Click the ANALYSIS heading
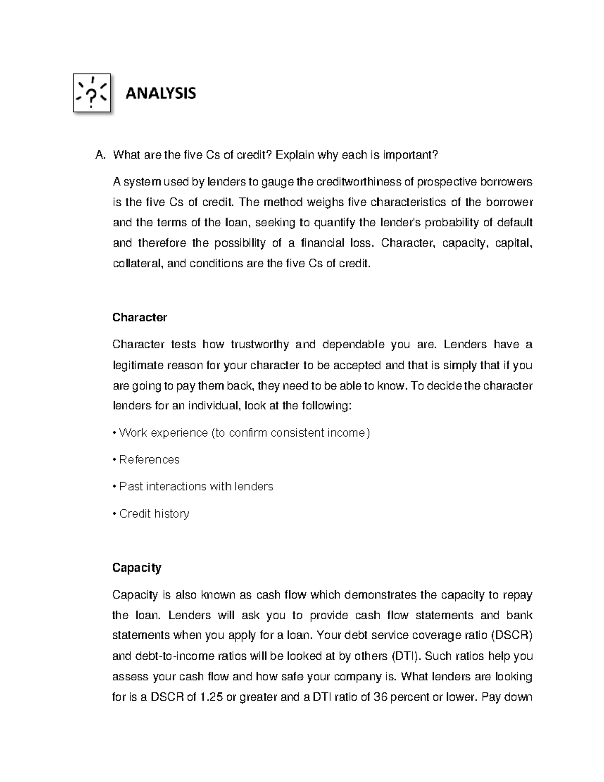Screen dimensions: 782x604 point(161,93)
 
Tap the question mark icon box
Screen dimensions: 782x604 point(92,93)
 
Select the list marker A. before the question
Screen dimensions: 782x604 point(100,155)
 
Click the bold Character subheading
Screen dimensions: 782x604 point(139,318)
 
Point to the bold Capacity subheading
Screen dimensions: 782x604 point(136,568)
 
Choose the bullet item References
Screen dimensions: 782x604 point(149,460)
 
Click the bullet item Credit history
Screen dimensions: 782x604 point(154,514)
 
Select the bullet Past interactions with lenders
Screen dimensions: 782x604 point(196,486)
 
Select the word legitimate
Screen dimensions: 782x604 point(137,366)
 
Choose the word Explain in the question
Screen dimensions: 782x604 point(294,155)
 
